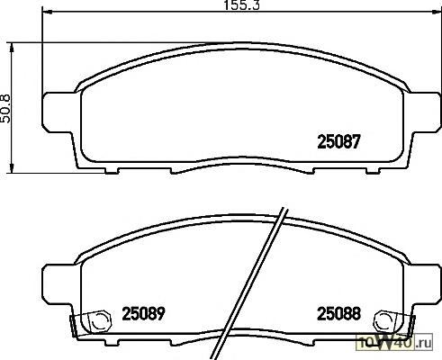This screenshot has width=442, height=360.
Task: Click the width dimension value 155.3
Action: tap(241, 5)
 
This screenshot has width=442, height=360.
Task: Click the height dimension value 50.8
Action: tap(5, 108)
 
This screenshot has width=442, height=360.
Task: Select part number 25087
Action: tap(338, 142)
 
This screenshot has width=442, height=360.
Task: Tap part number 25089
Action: tap(143, 313)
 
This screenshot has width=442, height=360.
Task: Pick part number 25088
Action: tap(338, 313)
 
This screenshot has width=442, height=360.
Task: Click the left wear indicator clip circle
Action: tap(100, 321)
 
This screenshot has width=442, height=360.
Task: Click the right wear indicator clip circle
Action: tap(383, 321)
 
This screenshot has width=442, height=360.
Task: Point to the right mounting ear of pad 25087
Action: tap(426, 112)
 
